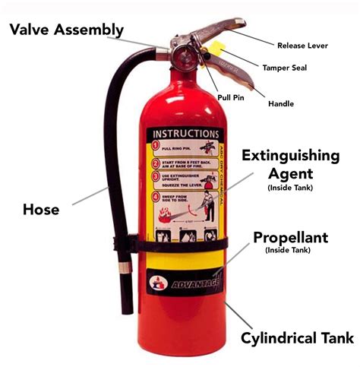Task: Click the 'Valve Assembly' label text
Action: [66, 30]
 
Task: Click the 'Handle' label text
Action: [282, 103]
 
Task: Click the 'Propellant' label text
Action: [291, 237]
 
